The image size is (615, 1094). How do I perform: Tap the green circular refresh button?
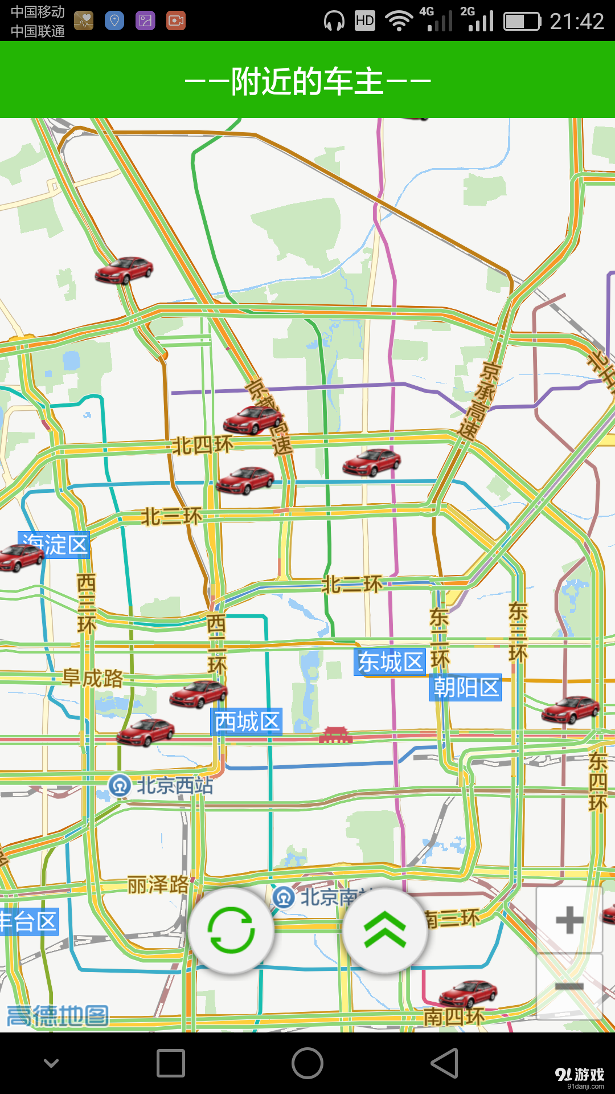tap(231, 930)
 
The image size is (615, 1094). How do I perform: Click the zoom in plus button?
tap(569, 920)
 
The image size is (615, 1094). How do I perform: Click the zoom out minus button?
tap(569, 986)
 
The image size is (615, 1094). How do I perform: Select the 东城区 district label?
tap(390, 662)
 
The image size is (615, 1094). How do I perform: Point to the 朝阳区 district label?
tap(466, 687)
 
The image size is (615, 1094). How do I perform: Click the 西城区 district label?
tap(247, 722)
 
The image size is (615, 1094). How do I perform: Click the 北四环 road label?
tap(203, 445)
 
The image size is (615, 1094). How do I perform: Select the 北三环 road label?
tap(171, 517)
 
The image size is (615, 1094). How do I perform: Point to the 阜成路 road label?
tap(93, 678)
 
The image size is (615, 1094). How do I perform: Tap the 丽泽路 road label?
tap(158, 885)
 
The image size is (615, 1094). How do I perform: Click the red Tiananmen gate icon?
tap(335, 735)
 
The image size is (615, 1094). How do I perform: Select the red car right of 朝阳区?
tap(570, 710)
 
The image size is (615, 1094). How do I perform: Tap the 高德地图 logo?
tap(57, 1016)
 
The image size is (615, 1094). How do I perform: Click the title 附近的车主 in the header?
tap(307, 81)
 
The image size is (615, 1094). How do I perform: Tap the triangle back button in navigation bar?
tap(444, 1063)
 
